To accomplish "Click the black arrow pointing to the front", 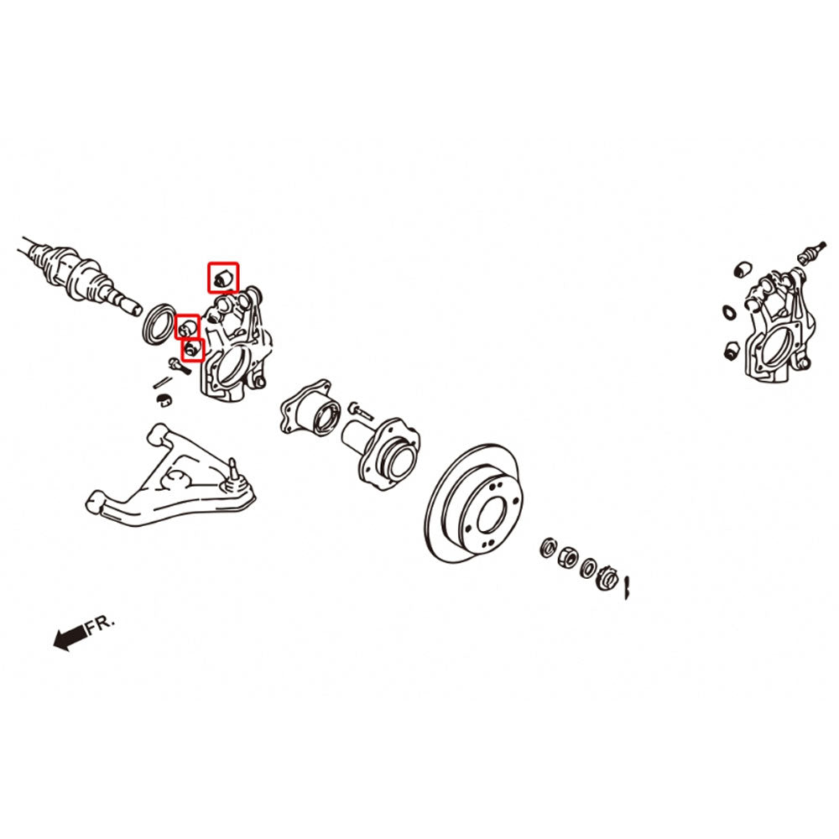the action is [x=70, y=637].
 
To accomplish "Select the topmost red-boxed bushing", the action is [x=222, y=278].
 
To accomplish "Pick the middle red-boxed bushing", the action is [x=187, y=326].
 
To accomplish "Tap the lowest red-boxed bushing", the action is [x=193, y=350].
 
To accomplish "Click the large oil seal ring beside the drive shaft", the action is [x=159, y=324].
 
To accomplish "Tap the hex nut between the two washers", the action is [x=567, y=558].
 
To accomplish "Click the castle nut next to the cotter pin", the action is [x=607, y=577].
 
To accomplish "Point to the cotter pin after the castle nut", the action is [x=628, y=587].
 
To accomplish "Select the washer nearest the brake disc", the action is [x=549, y=547].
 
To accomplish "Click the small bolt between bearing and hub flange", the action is [x=361, y=411].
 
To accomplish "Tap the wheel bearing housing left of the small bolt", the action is [x=310, y=408].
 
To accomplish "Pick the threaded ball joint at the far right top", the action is [x=811, y=251].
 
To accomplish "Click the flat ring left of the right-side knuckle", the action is [x=729, y=312].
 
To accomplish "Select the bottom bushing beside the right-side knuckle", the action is [x=732, y=350].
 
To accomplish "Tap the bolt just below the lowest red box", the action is [x=180, y=366].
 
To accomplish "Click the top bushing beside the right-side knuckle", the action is [x=743, y=268].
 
